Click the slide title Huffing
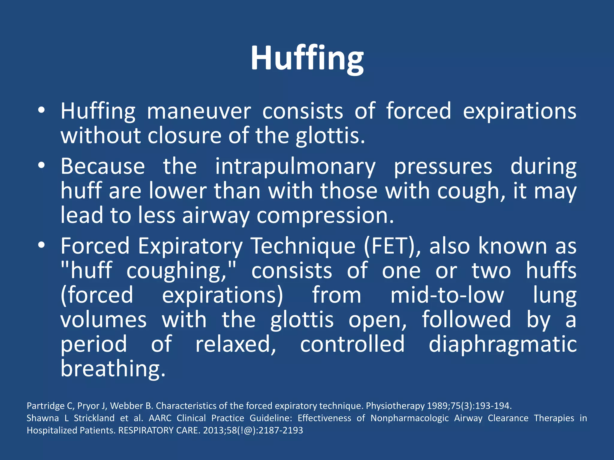tap(307, 58)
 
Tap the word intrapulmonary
tap(295, 167)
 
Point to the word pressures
tap(443, 167)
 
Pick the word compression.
tap(325, 216)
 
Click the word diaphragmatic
tap(502, 344)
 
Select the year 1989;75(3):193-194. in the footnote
tap(469, 406)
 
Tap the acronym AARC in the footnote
tap(160, 418)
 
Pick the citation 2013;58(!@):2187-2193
tap(253, 430)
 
